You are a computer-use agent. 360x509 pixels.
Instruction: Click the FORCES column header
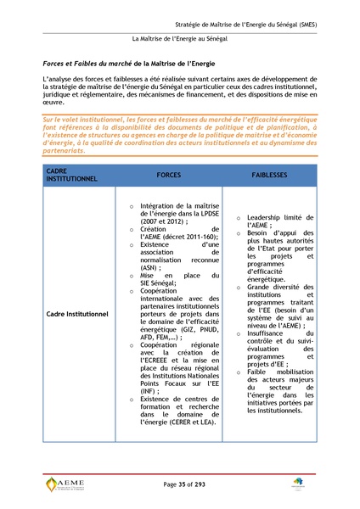[168, 174]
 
